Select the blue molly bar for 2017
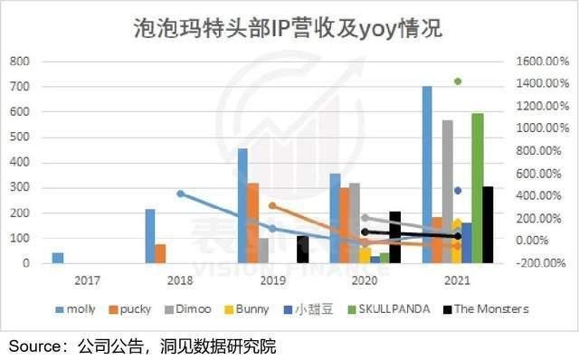58,258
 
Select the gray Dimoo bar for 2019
263,251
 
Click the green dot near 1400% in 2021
458,81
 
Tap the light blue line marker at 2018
180,194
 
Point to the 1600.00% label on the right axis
543,62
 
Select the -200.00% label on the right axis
543,263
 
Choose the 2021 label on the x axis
458,281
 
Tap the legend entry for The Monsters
489,309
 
